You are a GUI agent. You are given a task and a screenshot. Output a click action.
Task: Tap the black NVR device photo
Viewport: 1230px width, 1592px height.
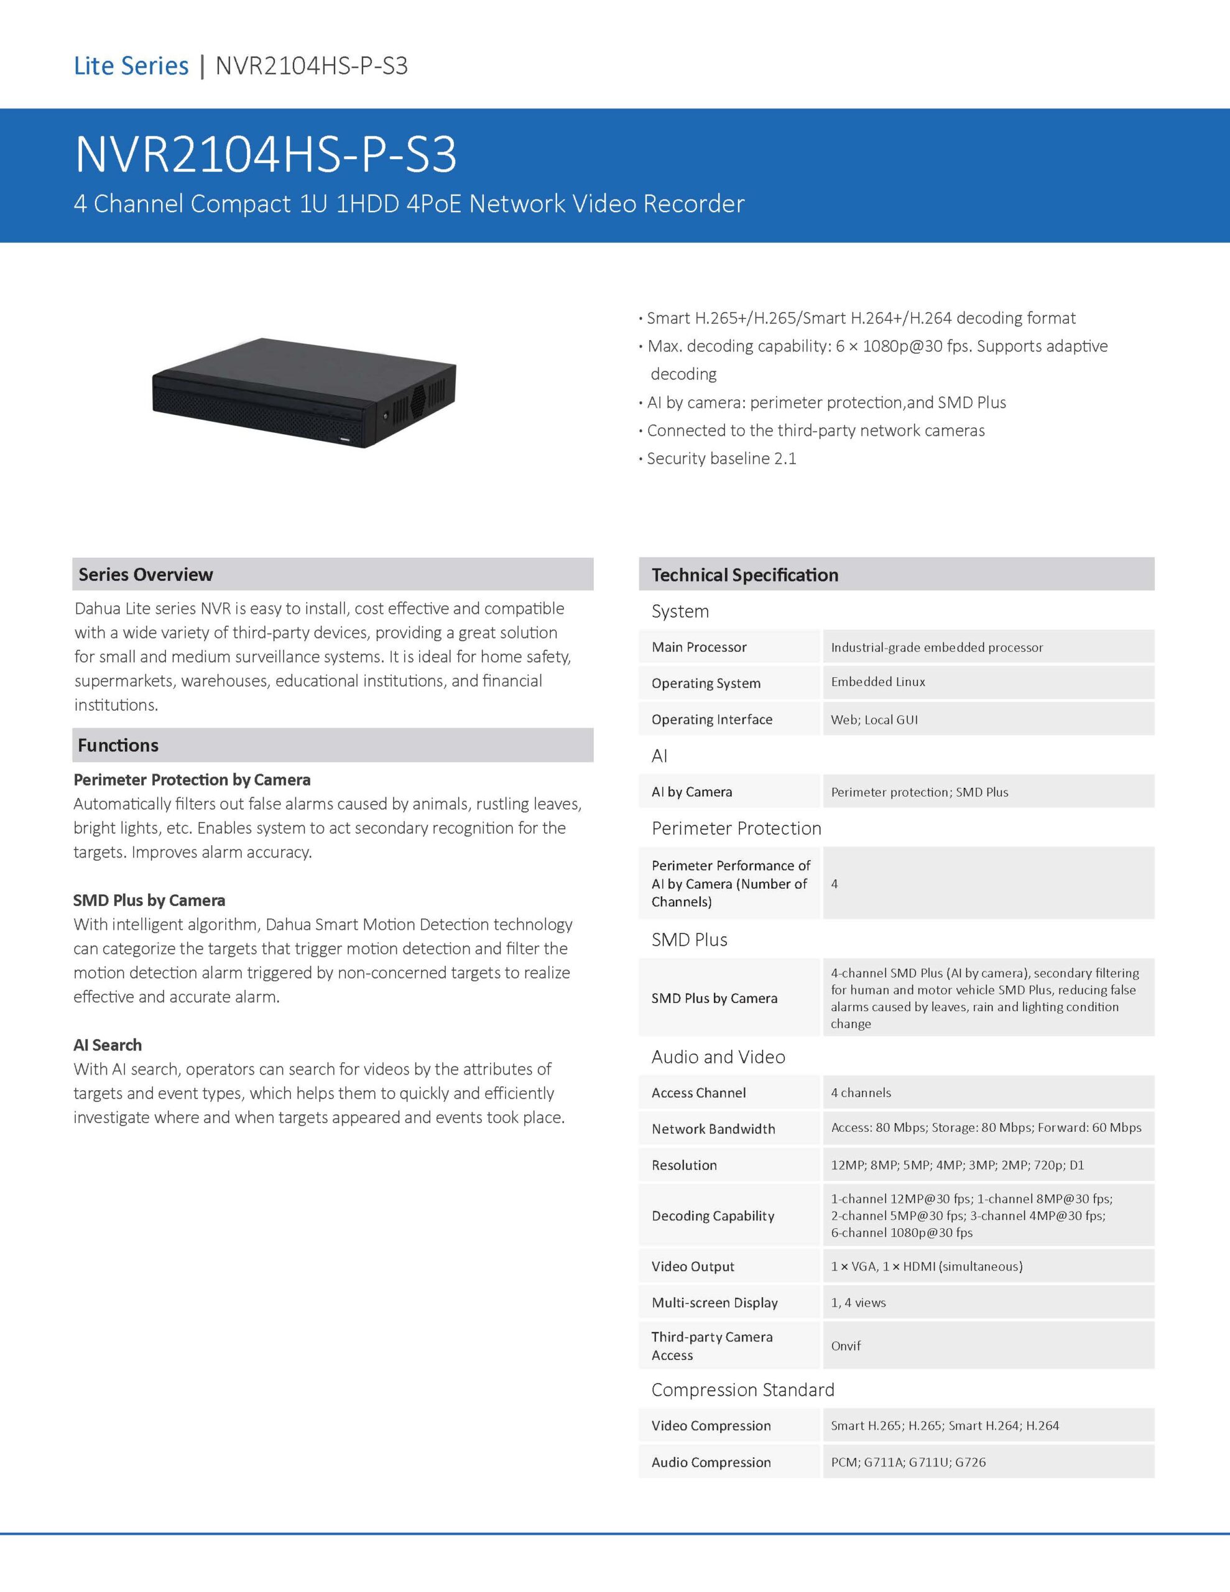(304, 392)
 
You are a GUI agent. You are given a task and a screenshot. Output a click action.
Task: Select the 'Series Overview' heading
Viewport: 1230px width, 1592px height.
(146, 575)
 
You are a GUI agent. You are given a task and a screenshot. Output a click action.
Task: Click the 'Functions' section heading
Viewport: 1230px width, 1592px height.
(118, 745)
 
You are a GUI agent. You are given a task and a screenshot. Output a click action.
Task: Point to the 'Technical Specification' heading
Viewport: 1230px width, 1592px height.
(744, 575)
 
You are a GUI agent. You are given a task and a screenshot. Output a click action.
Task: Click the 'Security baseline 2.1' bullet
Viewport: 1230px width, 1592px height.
(721, 458)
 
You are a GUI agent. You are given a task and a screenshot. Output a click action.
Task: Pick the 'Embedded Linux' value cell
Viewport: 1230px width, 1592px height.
(878, 682)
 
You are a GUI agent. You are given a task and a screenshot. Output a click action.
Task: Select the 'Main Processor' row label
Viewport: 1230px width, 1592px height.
(698, 647)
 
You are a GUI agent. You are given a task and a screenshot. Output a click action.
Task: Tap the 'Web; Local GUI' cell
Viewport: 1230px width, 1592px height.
(874, 720)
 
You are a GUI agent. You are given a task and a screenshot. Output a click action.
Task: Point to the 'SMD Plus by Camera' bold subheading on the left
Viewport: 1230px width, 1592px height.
(149, 900)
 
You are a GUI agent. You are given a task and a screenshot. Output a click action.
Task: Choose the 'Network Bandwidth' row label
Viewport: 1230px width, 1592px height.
(713, 1129)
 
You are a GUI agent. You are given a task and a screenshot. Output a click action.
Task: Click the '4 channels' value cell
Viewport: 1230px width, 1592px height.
(861, 1093)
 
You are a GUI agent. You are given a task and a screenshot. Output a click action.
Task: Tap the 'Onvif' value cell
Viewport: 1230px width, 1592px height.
(846, 1346)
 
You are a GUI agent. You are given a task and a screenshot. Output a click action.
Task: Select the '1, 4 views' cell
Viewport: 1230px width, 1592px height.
(858, 1303)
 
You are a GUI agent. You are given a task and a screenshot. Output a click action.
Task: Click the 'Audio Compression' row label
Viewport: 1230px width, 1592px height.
(711, 1462)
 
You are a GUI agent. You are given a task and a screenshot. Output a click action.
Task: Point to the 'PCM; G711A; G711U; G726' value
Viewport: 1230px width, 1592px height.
(909, 1462)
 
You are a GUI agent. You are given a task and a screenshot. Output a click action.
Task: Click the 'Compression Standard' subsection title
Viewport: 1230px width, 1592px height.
(742, 1390)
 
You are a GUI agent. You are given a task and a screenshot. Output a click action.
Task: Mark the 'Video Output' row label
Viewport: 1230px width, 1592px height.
(693, 1267)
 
